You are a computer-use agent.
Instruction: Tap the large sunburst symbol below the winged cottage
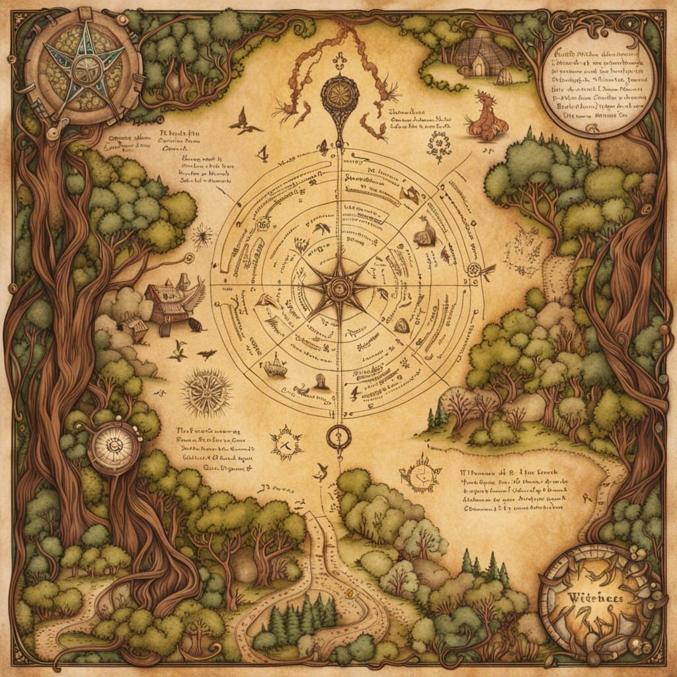[x=207, y=393]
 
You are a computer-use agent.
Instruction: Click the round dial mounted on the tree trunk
[x=114, y=448]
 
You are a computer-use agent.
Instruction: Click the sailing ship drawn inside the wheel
[x=276, y=366]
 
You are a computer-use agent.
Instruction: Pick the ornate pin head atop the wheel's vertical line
[x=339, y=95]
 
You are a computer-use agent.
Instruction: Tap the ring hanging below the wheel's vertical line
[x=339, y=436]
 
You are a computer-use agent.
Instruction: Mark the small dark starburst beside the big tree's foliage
[x=201, y=235]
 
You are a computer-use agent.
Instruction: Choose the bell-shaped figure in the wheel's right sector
[x=424, y=233]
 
